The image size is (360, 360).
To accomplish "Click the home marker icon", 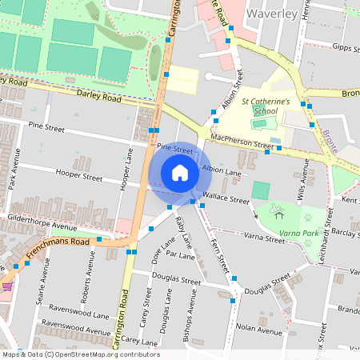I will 180,173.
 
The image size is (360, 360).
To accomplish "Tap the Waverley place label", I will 272,14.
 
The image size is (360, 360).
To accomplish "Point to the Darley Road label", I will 99,95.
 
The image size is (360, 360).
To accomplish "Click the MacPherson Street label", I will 241,142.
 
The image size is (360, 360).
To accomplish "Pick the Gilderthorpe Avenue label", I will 41,217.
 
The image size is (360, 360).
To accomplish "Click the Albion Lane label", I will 222,170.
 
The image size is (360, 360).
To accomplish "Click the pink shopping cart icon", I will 7,286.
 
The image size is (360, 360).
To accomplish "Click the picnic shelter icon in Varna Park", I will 278,213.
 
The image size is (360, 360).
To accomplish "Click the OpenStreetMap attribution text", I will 81,354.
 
